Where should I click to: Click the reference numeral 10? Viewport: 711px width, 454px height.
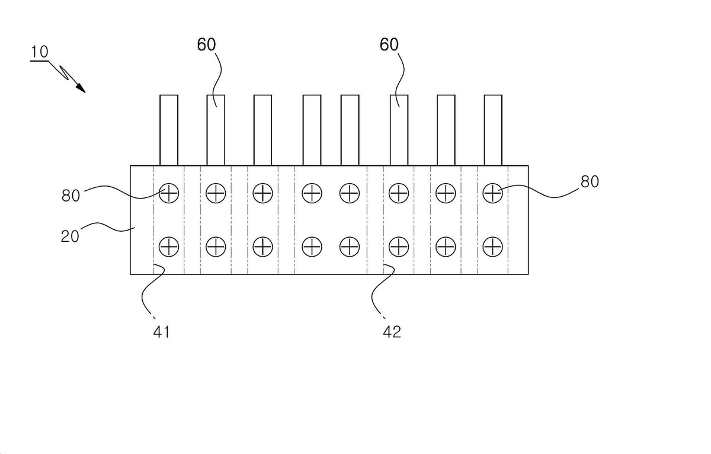pos(40,52)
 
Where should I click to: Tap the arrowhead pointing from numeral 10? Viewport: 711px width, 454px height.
pos(81,88)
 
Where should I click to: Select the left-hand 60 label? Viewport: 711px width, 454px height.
pos(206,44)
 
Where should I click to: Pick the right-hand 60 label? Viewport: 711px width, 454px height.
pos(389,44)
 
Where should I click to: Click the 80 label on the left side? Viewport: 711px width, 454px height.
pos(71,196)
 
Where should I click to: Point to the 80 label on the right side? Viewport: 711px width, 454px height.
pos(590,181)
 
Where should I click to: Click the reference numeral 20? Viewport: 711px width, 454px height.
pos(70,236)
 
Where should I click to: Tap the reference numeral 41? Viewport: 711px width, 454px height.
pos(162,332)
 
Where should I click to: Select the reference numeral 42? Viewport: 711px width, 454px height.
pos(392,332)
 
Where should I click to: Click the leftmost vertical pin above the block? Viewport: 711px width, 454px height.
pos(169,130)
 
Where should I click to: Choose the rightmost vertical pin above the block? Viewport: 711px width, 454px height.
pos(493,130)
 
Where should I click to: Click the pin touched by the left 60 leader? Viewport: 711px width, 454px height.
pos(216,130)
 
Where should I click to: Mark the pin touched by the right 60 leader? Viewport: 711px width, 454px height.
pos(399,130)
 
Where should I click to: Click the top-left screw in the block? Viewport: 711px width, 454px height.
pos(169,193)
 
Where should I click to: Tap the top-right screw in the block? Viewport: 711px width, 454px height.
pos(492,193)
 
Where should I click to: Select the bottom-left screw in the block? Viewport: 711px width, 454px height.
pos(169,247)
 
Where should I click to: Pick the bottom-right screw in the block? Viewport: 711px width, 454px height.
pos(492,247)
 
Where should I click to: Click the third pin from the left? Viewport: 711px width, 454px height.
pos(263,130)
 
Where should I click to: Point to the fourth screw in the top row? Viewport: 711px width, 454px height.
pos(312,193)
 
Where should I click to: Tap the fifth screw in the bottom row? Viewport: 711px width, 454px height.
pos(350,247)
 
